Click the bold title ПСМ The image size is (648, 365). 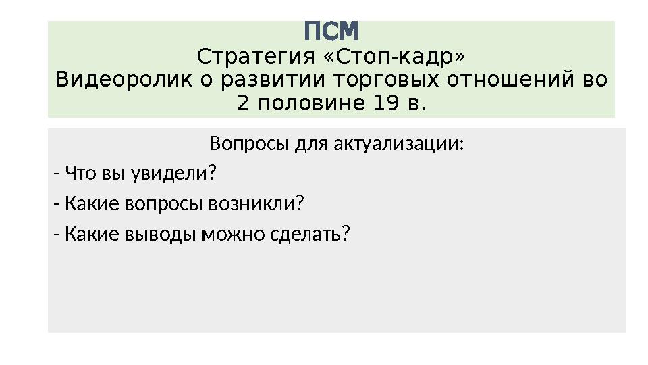(331, 31)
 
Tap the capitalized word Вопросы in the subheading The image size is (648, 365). (242, 145)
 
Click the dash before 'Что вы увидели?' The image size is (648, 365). (56, 174)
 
